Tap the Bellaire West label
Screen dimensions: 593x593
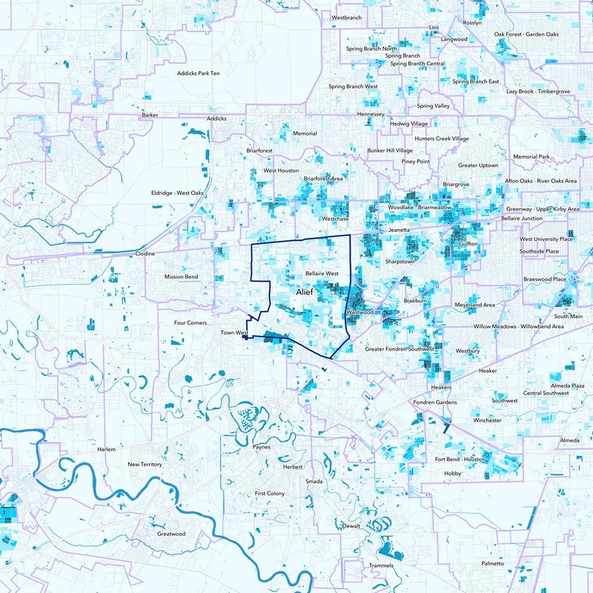322,274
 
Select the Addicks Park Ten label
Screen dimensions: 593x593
198,73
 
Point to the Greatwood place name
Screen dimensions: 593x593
171,534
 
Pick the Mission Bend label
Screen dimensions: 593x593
181,277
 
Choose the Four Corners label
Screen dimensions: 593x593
190,323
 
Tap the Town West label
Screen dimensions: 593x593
233,333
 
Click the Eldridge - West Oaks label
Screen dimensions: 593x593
177,193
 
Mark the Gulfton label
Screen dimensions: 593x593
468,243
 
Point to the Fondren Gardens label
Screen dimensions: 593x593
435,403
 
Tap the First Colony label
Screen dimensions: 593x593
269,493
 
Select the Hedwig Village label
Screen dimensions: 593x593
408,124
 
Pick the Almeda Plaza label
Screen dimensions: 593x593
567,386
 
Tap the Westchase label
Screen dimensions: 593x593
335,219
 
